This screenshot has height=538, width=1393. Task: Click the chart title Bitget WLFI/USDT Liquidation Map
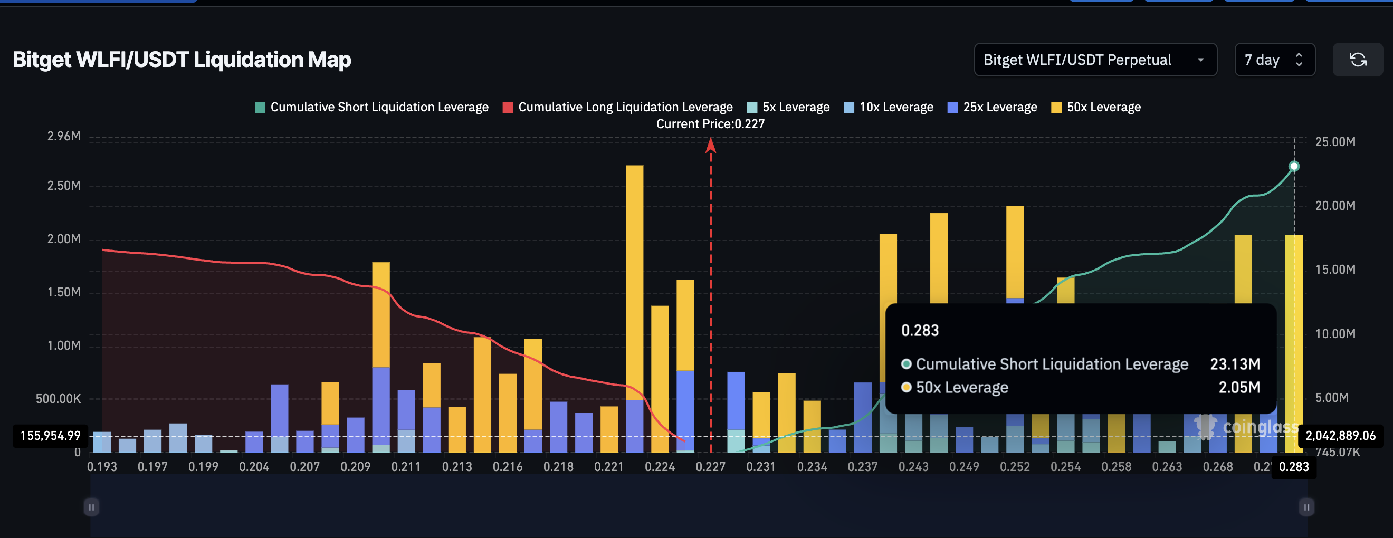pos(182,60)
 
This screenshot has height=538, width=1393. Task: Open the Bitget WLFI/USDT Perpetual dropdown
pos(1094,60)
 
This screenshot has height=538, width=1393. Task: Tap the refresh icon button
pos(1357,60)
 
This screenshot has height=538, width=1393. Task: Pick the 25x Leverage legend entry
pos(993,107)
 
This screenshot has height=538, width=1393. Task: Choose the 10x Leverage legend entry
pos(889,107)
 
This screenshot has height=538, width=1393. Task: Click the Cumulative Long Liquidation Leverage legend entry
pos(617,107)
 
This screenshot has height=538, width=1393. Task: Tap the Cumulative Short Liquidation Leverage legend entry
pos(371,107)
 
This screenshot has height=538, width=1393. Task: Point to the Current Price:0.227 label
pos(710,124)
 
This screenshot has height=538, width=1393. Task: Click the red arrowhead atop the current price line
pos(711,145)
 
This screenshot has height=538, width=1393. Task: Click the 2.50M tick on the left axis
pos(64,186)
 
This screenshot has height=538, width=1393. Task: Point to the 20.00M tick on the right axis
pos(1334,206)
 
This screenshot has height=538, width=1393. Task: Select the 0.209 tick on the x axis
pos(355,467)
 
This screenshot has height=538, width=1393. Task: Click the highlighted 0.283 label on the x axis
pos(1293,467)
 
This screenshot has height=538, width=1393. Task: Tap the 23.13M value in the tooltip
pos(1235,364)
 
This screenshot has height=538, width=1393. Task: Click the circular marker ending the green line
pos(1293,166)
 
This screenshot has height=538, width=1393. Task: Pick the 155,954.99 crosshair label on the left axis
pos(50,436)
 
